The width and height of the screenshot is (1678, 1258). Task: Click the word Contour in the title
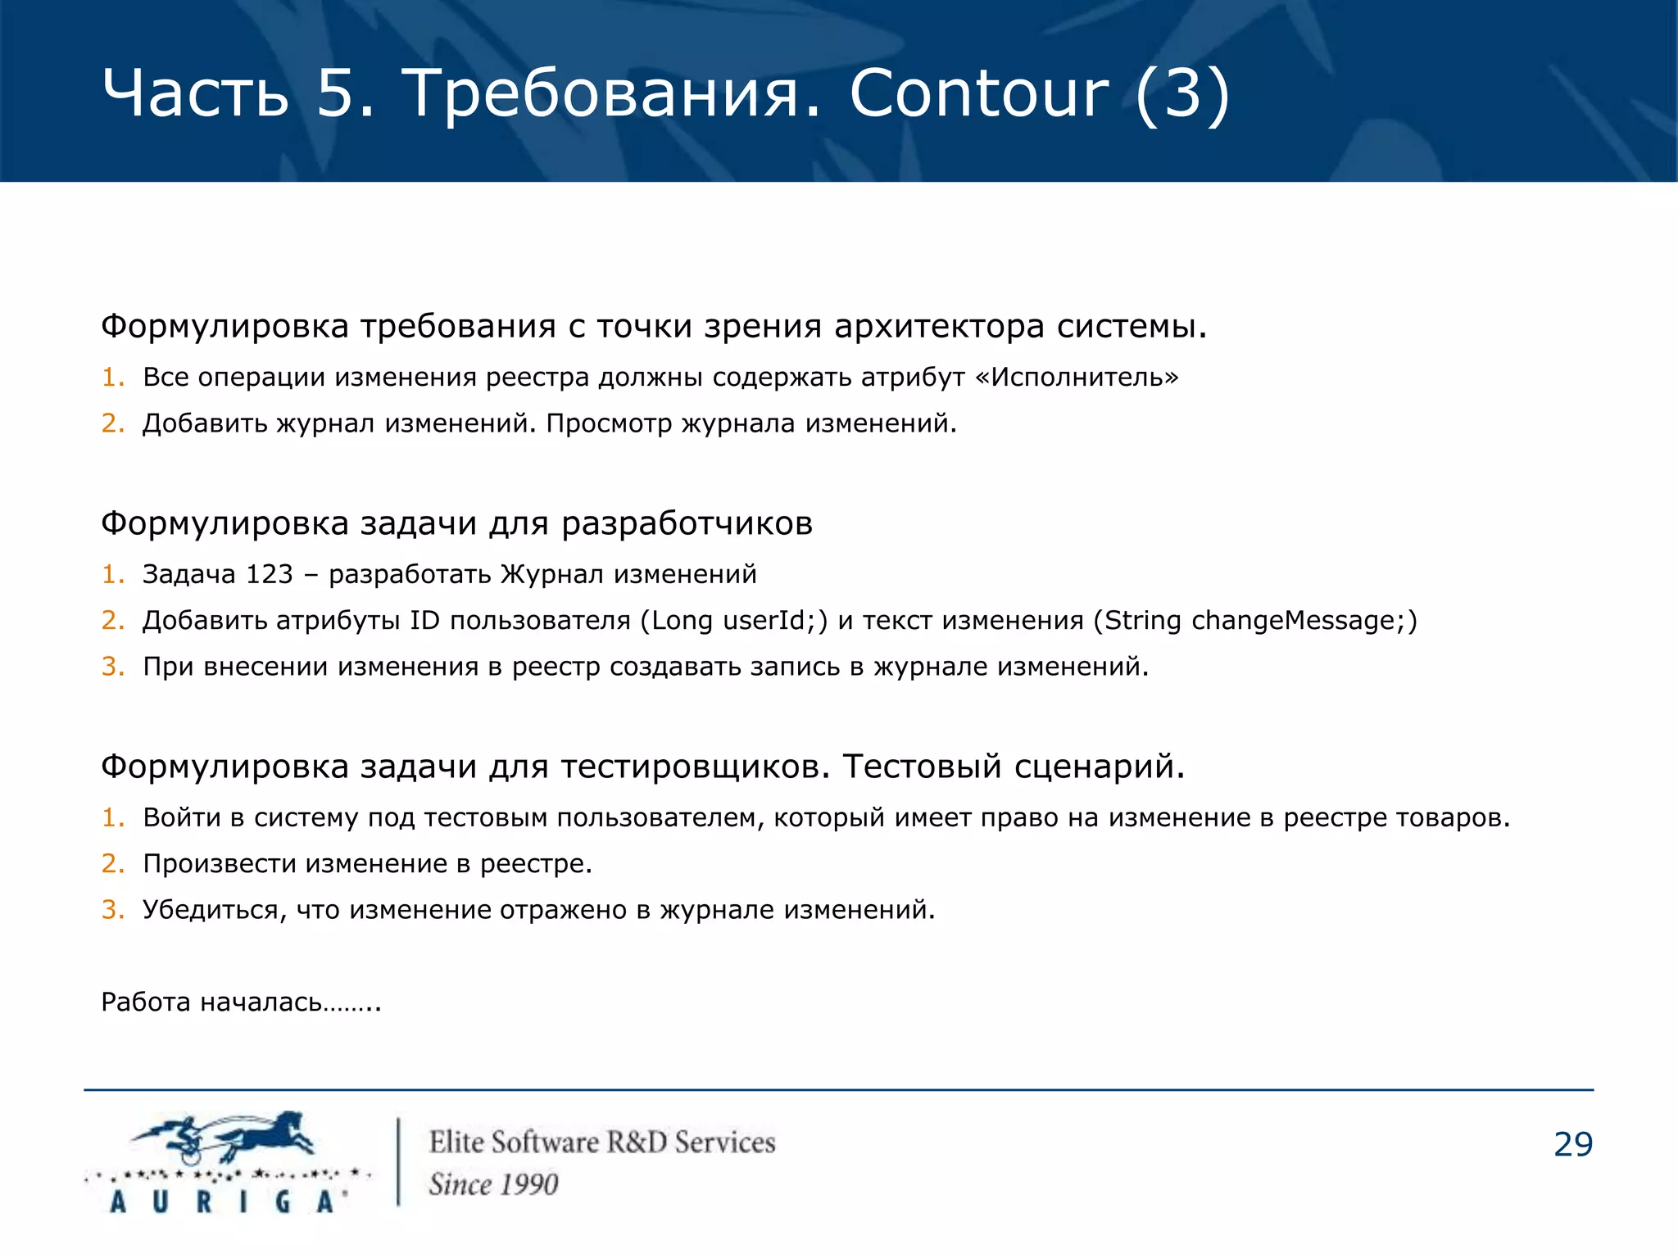click(979, 93)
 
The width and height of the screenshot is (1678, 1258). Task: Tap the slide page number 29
click(1572, 1145)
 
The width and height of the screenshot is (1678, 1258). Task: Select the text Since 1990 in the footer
click(493, 1184)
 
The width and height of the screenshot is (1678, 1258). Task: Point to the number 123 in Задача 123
click(269, 574)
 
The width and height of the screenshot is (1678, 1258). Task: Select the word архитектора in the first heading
click(939, 326)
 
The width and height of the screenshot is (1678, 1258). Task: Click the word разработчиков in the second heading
click(687, 523)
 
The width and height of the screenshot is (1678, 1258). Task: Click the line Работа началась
click(241, 1002)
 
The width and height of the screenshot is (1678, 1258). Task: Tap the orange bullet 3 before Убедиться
click(112, 910)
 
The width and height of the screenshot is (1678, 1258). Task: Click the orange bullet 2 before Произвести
click(112, 864)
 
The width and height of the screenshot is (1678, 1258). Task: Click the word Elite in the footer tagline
click(456, 1143)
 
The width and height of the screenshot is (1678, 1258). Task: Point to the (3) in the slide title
click(1182, 93)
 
